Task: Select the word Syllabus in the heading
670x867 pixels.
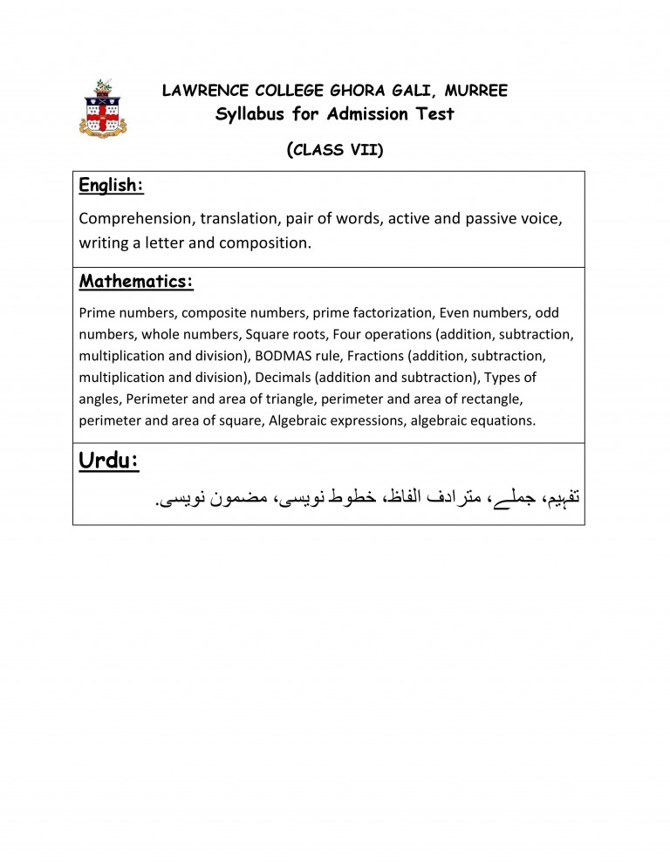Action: (x=252, y=113)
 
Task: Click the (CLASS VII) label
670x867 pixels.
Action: (x=335, y=149)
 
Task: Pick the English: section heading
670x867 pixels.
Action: (x=111, y=185)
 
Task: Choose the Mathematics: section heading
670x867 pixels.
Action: (x=136, y=282)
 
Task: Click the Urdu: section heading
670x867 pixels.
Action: (x=109, y=461)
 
